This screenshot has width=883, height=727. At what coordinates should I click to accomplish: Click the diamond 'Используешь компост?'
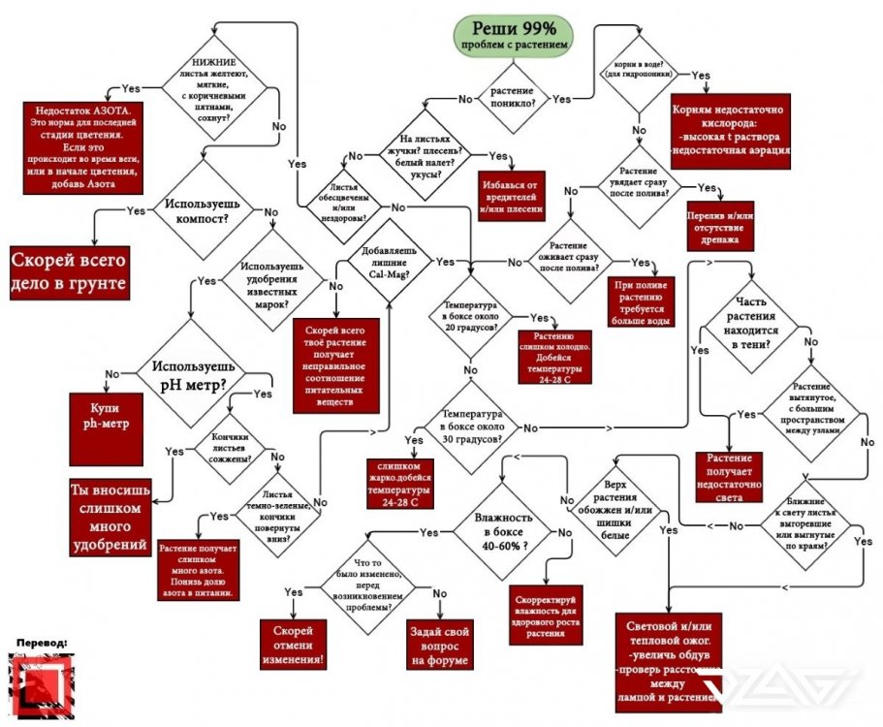point(198,209)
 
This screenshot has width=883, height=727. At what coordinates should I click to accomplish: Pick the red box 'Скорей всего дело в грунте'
point(70,272)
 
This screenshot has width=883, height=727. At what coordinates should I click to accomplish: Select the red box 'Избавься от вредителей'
point(511,196)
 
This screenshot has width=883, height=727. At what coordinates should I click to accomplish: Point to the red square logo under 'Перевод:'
point(41,686)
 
